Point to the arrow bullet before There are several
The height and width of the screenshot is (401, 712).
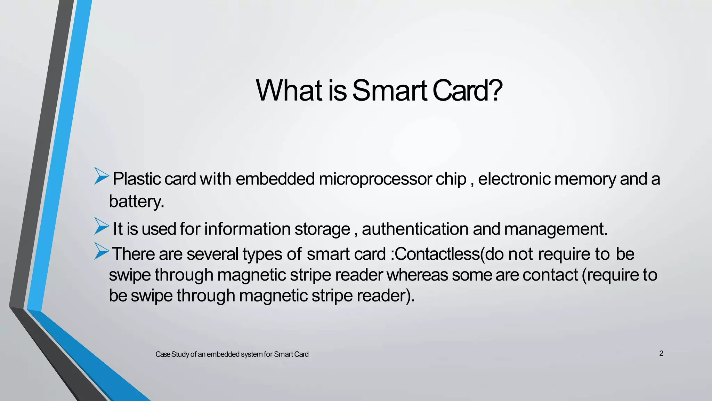click(102, 251)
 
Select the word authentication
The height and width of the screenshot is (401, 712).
click(415, 229)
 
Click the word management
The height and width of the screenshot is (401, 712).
click(555, 229)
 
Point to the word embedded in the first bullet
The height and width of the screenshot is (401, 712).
click(275, 179)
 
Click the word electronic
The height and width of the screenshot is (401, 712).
click(514, 179)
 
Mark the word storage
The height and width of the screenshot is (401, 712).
click(322, 229)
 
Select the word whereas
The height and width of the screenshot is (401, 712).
click(417, 275)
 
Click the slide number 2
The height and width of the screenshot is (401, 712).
click(661, 354)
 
